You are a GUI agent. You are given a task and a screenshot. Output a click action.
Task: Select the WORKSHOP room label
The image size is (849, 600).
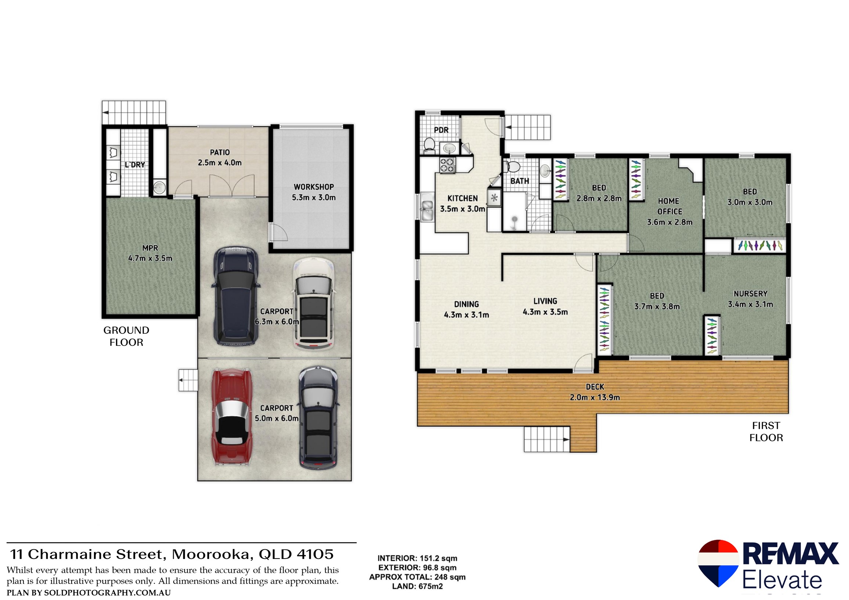point(314,187)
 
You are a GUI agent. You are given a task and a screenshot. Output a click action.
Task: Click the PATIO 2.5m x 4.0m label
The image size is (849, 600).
point(220,158)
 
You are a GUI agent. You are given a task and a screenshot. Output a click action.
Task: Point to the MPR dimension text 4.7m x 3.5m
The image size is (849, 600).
point(150,259)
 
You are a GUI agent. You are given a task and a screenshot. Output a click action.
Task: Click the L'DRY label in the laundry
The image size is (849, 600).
point(135,165)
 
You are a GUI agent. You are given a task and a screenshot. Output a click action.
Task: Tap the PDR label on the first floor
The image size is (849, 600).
point(441,130)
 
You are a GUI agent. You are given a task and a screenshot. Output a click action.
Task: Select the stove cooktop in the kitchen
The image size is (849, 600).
point(447,165)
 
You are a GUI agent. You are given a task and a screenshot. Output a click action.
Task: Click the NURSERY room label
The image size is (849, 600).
point(750,293)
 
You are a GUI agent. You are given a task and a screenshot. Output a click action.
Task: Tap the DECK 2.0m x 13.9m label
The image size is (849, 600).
point(595,392)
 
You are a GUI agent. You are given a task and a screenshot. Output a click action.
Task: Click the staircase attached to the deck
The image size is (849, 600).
point(546,439)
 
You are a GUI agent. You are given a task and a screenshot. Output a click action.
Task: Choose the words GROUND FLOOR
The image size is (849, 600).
point(126,336)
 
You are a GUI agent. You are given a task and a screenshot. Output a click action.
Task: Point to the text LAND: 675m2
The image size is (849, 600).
point(417,586)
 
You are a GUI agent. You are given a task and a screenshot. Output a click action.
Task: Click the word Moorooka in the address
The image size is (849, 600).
point(212,554)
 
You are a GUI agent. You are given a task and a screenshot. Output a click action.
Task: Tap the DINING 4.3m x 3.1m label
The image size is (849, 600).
point(466,310)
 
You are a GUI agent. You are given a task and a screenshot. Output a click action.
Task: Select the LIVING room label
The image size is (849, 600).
point(545,301)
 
